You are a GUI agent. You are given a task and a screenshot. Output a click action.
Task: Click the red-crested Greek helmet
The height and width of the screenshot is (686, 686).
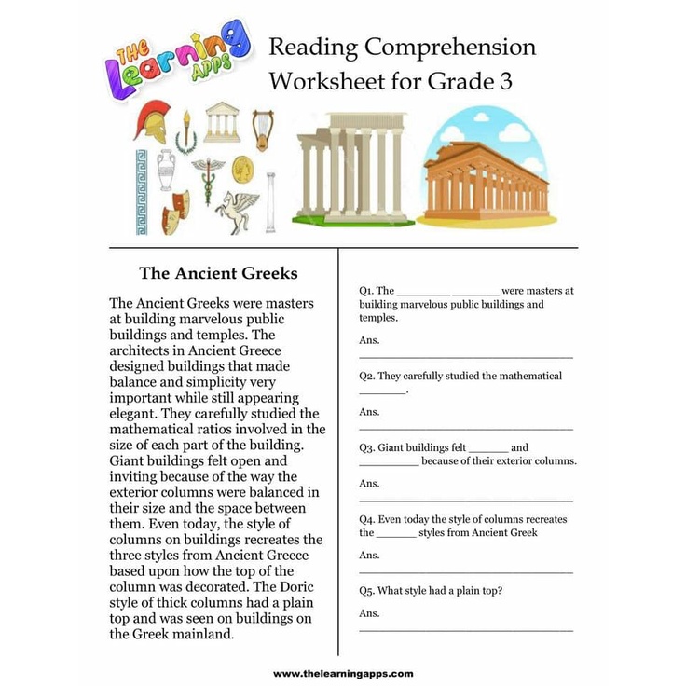(151, 121)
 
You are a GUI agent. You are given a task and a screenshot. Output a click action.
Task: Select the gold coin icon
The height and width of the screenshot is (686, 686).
(242, 169)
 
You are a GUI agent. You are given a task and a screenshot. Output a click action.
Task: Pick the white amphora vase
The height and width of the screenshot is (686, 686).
(166, 170)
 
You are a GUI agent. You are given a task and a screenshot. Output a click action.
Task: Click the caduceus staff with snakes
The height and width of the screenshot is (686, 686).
(208, 176)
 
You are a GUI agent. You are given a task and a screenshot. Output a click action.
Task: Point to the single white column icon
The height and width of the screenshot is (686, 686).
(270, 201)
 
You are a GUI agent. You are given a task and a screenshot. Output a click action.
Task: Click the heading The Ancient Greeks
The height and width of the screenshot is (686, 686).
(218, 273)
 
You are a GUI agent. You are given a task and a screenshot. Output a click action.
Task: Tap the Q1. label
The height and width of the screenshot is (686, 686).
(366, 291)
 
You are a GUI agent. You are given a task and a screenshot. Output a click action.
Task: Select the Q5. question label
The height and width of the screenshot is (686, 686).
(366, 591)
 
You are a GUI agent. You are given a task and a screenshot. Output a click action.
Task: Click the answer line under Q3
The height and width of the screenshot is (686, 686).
(465, 501)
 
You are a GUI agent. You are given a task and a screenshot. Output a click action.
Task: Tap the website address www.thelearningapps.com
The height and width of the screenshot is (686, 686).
(342, 673)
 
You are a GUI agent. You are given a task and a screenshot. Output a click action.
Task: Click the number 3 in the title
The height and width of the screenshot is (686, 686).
(506, 82)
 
